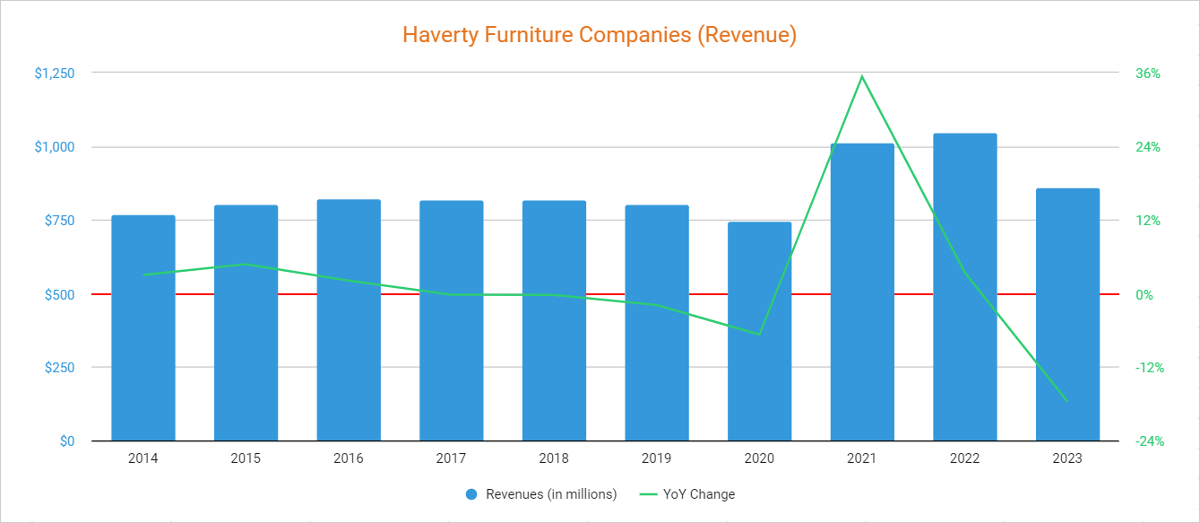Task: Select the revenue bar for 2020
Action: pyautogui.click(x=759, y=331)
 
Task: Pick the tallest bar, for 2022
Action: pyautogui.click(x=964, y=287)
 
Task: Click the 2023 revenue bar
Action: pyautogui.click(x=1067, y=314)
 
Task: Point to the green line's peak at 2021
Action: pyautogui.click(x=862, y=76)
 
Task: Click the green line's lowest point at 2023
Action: pyautogui.click(x=1067, y=401)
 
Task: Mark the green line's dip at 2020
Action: pyautogui.click(x=759, y=335)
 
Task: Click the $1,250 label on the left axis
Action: pyautogui.click(x=54, y=74)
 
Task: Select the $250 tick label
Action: pyautogui.click(x=60, y=368)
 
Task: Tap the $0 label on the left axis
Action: pyautogui.click(x=67, y=441)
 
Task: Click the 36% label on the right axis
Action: pyautogui.click(x=1148, y=74)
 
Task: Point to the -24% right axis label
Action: pyautogui.click(x=1148, y=441)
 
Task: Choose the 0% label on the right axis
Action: pyautogui.click(x=1145, y=294)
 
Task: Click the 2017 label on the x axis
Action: pyautogui.click(x=451, y=458)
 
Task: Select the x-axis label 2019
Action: pyautogui.click(x=656, y=458)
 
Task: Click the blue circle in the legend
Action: pyautogui.click(x=472, y=494)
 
